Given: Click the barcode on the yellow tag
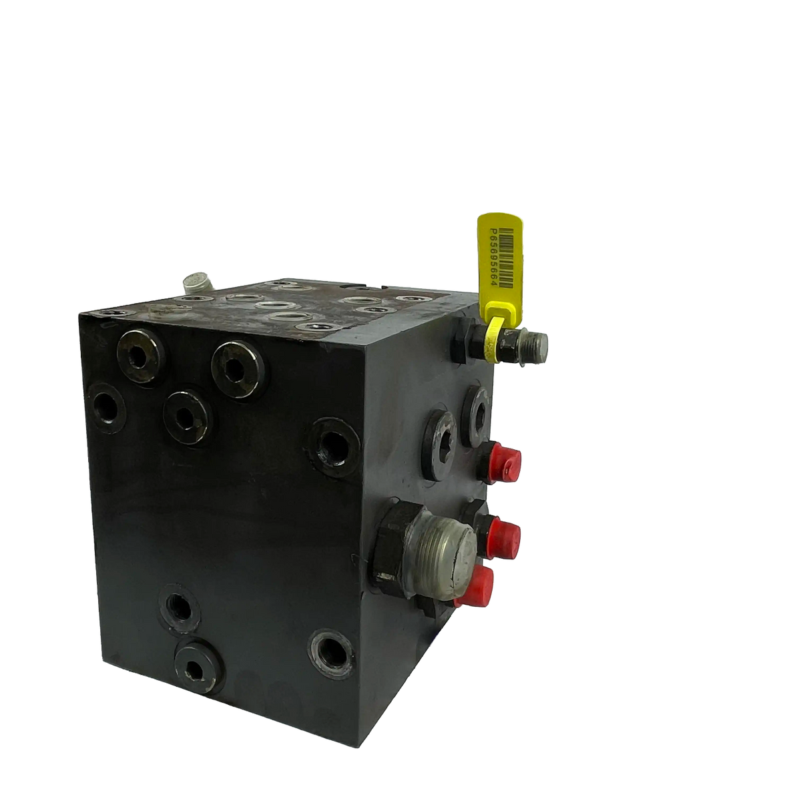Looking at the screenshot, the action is point(505,258).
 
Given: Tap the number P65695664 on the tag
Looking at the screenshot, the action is point(493,256).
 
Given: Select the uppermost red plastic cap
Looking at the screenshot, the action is point(504,463).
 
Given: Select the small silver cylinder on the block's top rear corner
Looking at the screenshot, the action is point(198,282).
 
